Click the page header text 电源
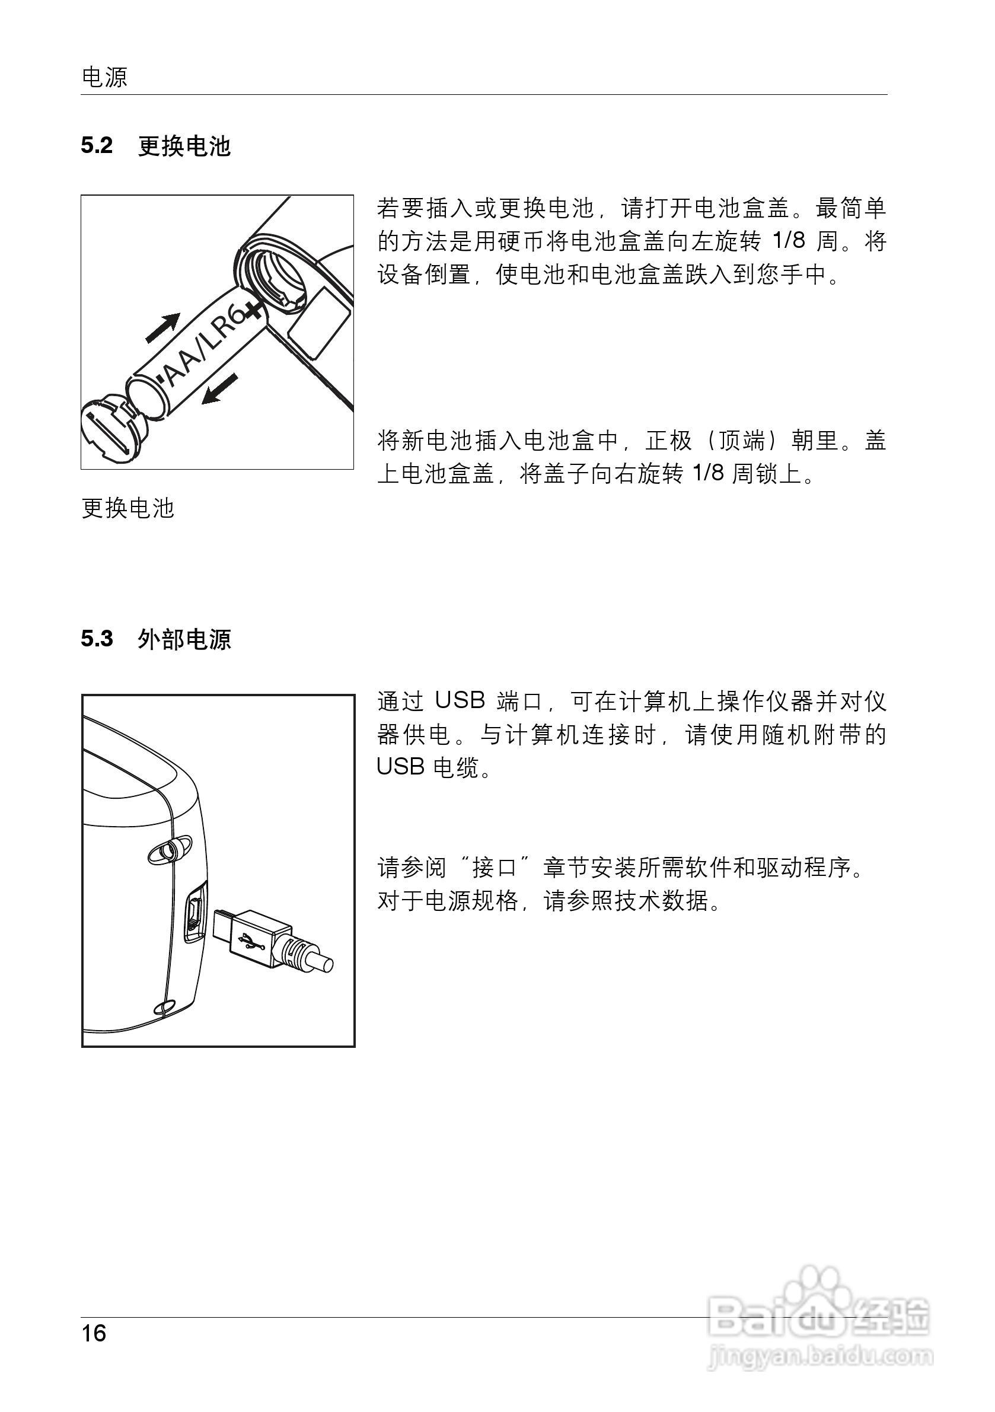point(104,78)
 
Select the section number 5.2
point(97,146)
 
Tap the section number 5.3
point(97,639)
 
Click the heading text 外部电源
point(184,640)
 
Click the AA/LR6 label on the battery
point(200,350)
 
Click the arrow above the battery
point(163,327)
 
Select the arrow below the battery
point(220,388)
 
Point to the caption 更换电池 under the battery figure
point(128,508)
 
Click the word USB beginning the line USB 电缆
point(400,767)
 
